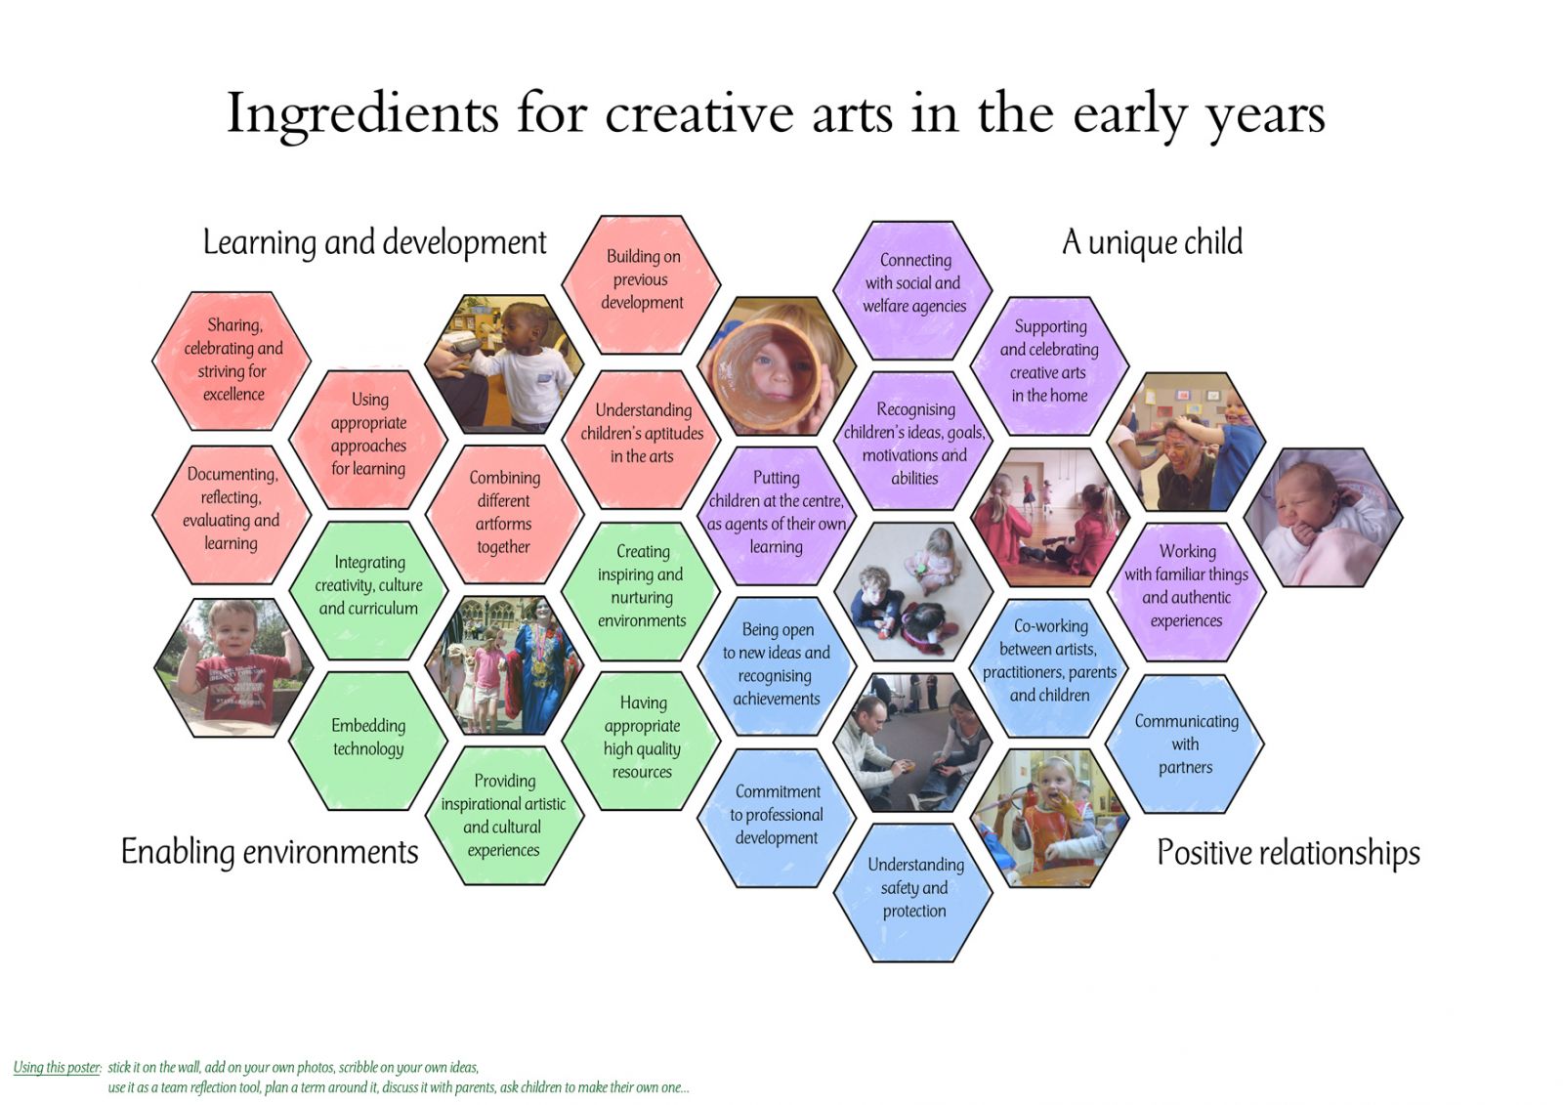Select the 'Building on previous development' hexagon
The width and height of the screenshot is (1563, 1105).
(x=641, y=285)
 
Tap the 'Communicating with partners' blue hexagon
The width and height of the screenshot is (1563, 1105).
(x=1186, y=744)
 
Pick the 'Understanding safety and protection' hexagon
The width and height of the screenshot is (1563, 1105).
(x=913, y=893)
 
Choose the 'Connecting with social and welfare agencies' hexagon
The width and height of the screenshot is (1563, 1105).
(x=913, y=290)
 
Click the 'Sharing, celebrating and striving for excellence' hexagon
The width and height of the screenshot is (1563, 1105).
(x=232, y=361)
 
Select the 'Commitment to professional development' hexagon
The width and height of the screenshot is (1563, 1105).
(x=777, y=818)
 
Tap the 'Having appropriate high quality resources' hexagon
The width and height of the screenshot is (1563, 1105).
(x=641, y=741)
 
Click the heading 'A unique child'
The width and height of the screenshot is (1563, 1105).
(x=1152, y=242)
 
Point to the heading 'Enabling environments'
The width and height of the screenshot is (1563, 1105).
(x=270, y=852)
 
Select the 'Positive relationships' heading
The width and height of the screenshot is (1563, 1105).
(x=1288, y=852)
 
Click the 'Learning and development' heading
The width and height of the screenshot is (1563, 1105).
(x=375, y=243)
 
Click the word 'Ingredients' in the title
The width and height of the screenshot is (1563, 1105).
(x=362, y=113)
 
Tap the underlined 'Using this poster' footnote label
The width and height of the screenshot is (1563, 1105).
(x=58, y=1067)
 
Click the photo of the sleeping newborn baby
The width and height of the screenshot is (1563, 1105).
(x=1323, y=517)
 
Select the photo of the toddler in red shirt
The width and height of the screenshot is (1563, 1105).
(x=233, y=667)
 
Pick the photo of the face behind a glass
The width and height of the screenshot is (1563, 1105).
(x=777, y=365)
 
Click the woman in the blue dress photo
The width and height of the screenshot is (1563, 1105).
(x=504, y=664)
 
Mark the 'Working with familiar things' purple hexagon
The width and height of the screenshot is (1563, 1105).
(x=1186, y=592)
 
